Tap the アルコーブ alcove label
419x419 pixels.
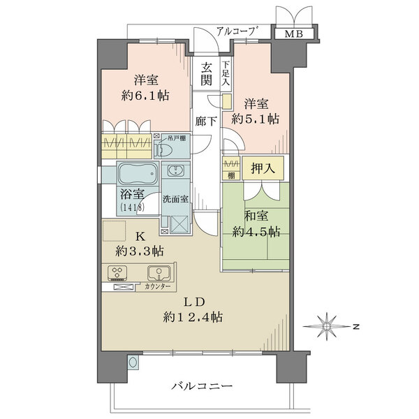coord(238,31)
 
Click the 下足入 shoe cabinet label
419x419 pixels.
coord(226,73)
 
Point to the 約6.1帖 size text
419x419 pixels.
coord(145,94)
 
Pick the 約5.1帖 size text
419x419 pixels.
coord(256,119)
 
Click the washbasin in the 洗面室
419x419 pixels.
coord(175,171)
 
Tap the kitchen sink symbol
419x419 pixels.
coord(159,273)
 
